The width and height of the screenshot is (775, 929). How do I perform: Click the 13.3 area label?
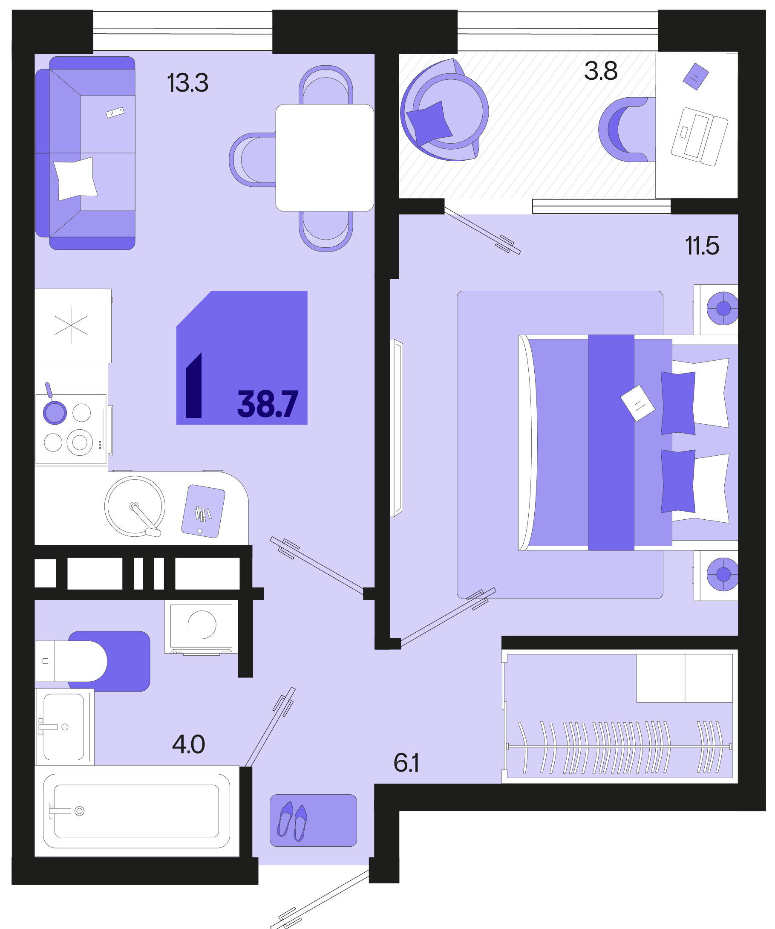click(x=187, y=83)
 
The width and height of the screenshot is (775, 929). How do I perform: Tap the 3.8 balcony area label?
click(x=600, y=70)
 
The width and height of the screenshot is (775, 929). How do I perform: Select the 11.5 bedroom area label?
click(x=702, y=246)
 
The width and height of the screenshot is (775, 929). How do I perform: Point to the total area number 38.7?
click(x=268, y=404)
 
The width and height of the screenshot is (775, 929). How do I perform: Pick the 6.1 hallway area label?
click(x=406, y=763)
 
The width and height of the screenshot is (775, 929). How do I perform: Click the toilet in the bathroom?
click(x=71, y=661)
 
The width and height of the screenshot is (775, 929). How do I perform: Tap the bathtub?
click(x=137, y=811)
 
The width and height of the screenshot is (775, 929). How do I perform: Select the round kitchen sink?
click(x=135, y=506)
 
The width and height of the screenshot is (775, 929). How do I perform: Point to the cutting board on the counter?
click(x=203, y=511)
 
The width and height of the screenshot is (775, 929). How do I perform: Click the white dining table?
click(x=325, y=158)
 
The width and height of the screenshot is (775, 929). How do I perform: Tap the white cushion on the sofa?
click(x=75, y=179)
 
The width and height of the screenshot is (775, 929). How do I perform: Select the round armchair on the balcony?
click(x=444, y=110)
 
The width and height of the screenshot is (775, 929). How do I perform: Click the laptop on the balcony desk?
click(x=699, y=137)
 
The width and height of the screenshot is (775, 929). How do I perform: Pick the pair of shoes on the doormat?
click(x=292, y=821)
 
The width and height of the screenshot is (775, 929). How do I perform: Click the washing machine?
click(x=201, y=627)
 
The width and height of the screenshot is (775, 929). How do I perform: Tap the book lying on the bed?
click(x=637, y=403)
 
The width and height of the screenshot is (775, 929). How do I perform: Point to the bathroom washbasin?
click(x=64, y=727)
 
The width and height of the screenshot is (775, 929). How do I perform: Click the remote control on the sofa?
click(x=115, y=113)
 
